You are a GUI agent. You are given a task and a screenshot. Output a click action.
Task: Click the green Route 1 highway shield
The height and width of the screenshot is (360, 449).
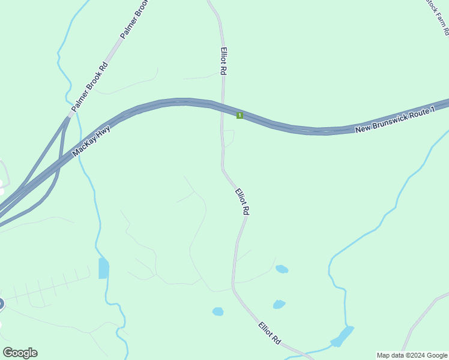click(240, 115)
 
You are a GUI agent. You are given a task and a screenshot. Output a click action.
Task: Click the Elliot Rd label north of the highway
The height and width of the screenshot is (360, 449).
click(223, 61)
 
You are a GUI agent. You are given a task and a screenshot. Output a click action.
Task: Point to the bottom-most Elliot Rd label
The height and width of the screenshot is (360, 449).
click(270, 333)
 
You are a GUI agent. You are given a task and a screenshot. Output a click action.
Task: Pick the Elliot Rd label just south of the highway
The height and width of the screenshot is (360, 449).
click(242, 202)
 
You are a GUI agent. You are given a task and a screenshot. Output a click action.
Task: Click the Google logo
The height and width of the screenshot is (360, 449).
click(20, 353)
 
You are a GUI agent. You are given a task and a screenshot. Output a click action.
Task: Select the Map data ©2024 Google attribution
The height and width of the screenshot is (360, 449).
click(412, 355)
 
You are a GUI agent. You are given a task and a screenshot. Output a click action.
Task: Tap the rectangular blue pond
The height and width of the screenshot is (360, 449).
click(104, 268)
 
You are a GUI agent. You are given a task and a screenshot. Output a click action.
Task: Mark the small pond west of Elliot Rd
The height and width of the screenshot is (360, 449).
click(218, 311)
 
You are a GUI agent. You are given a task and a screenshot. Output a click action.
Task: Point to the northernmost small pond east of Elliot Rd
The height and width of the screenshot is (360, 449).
click(282, 269)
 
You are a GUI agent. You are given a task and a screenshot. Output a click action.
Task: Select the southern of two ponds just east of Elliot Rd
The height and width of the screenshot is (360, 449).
click(279, 304)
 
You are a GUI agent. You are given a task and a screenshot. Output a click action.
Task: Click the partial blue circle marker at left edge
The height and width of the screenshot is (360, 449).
click(1, 304)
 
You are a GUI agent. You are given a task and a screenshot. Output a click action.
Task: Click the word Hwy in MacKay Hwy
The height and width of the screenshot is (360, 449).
click(102, 129)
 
